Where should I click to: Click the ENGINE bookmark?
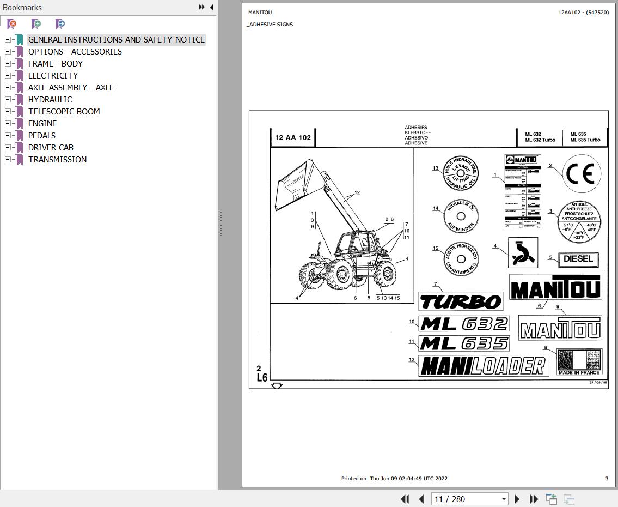pos(42,124)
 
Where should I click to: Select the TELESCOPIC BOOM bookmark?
pos(64,112)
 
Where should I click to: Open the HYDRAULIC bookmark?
pos(50,100)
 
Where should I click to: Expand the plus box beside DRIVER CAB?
pos(8,148)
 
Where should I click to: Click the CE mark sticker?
pos(582,174)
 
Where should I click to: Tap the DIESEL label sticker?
pos(578,259)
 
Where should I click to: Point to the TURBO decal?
pos(461,301)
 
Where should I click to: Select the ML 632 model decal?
pos(464,324)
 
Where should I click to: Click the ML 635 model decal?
pos(464,343)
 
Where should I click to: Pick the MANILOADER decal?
pos(484,366)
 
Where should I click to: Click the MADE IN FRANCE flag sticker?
pos(579,362)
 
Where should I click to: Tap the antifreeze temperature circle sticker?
pos(579,222)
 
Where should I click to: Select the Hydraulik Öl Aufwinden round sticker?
pos(461,216)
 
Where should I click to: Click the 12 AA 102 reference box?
pos(293,137)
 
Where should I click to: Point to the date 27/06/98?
pos(598,383)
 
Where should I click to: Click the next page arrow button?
pos(517,499)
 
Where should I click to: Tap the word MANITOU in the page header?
pos(260,13)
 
